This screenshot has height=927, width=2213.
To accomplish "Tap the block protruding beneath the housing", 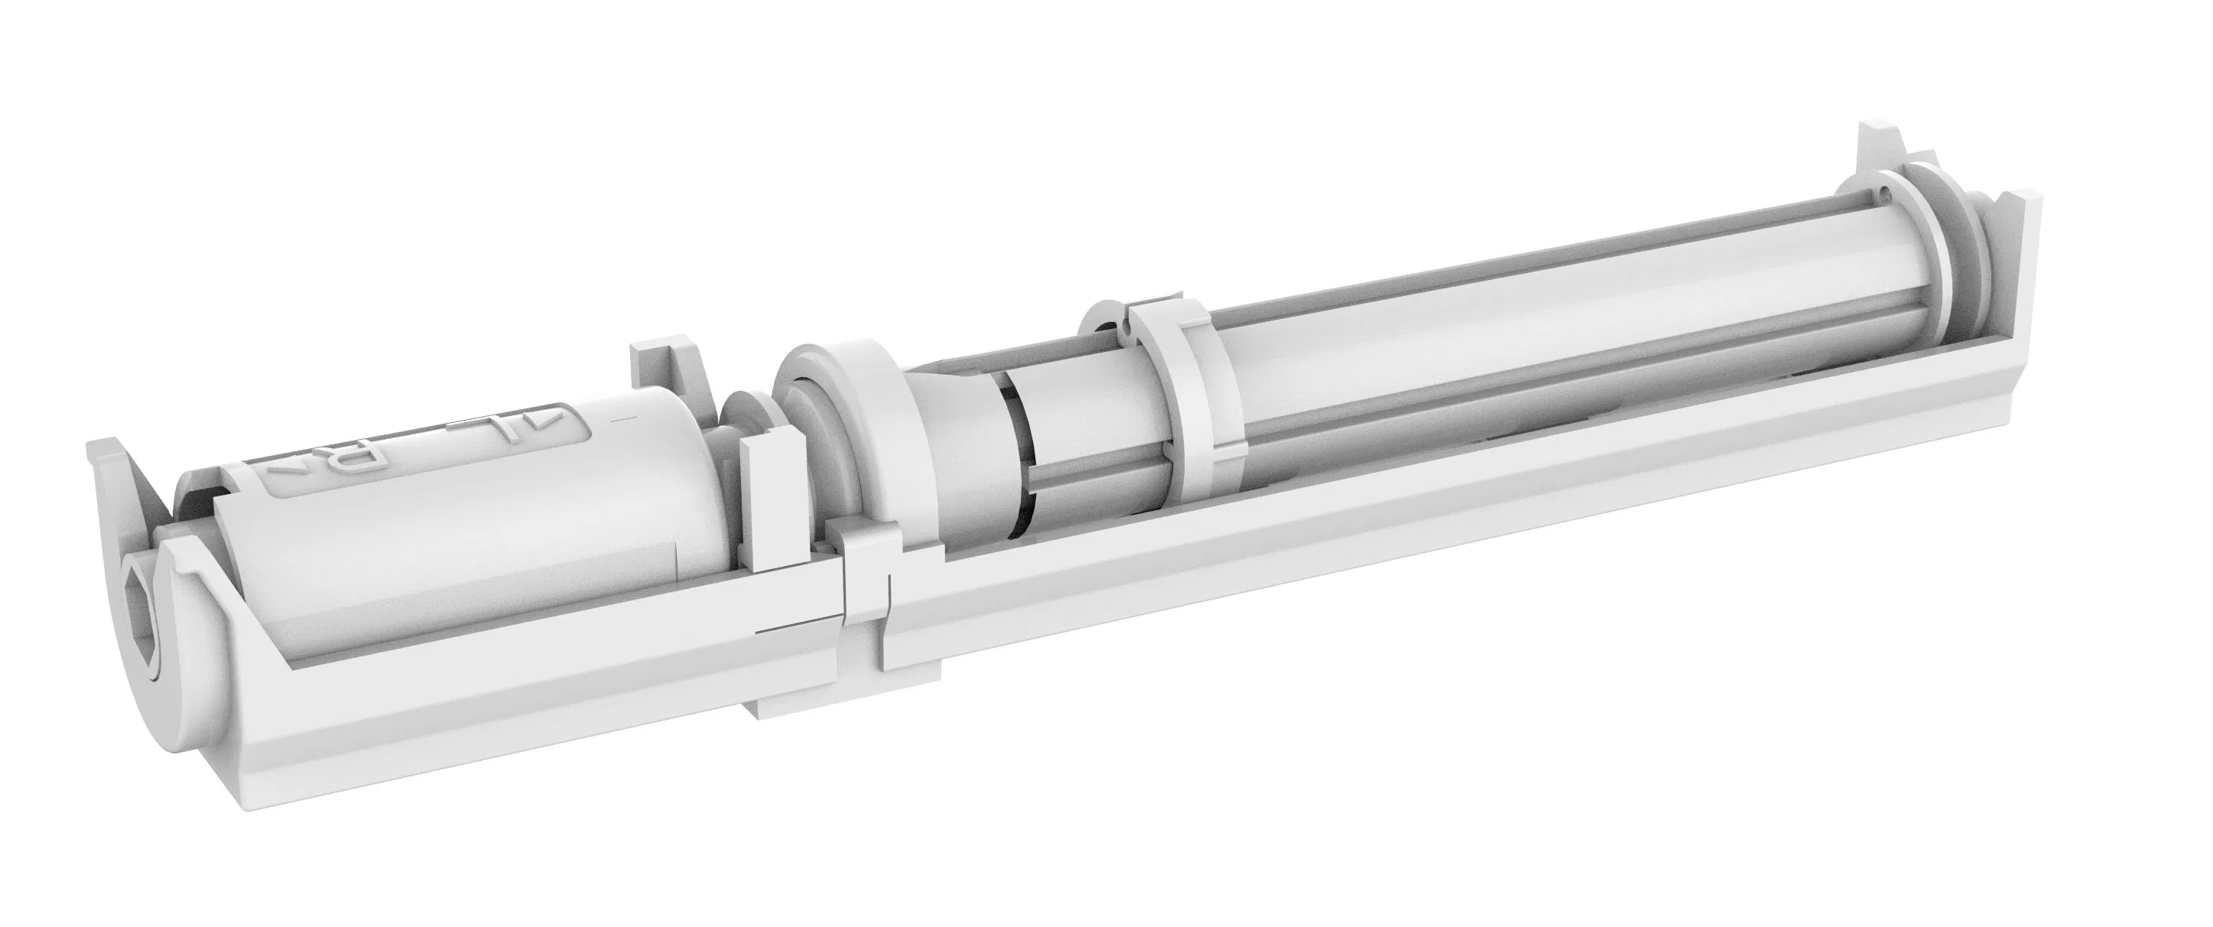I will click(x=795, y=688).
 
